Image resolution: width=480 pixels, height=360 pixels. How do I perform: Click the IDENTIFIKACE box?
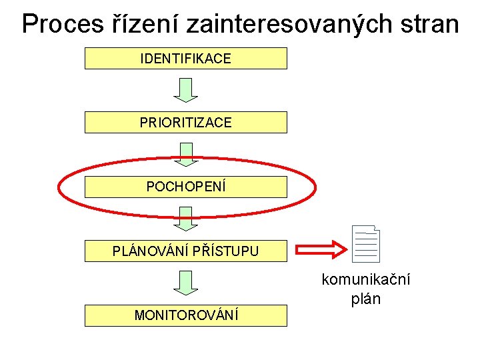(185, 59)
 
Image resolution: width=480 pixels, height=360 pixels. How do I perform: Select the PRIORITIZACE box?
(185, 123)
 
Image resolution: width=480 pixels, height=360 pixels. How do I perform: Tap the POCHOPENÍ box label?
(186, 187)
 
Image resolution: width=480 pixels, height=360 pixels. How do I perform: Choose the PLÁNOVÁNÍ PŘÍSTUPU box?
(185, 251)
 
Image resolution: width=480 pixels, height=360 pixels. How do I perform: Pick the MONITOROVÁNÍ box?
(185, 315)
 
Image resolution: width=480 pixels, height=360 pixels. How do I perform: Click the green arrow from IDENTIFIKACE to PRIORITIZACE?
(186, 90)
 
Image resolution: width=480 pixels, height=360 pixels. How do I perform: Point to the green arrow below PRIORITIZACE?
(186, 153)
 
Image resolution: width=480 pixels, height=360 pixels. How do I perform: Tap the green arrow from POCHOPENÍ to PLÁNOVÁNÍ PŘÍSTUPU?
(186, 218)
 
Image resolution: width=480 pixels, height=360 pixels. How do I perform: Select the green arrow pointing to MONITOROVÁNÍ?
(186, 283)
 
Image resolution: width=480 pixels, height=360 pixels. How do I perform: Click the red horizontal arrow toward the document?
(321, 250)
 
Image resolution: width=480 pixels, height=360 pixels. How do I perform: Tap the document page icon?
(367, 243)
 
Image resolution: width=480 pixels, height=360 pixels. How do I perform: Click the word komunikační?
(366, 279)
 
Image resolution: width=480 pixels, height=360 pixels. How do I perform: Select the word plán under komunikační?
(366, 299)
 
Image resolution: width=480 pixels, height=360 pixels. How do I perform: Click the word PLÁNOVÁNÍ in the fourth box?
(151, 251)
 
